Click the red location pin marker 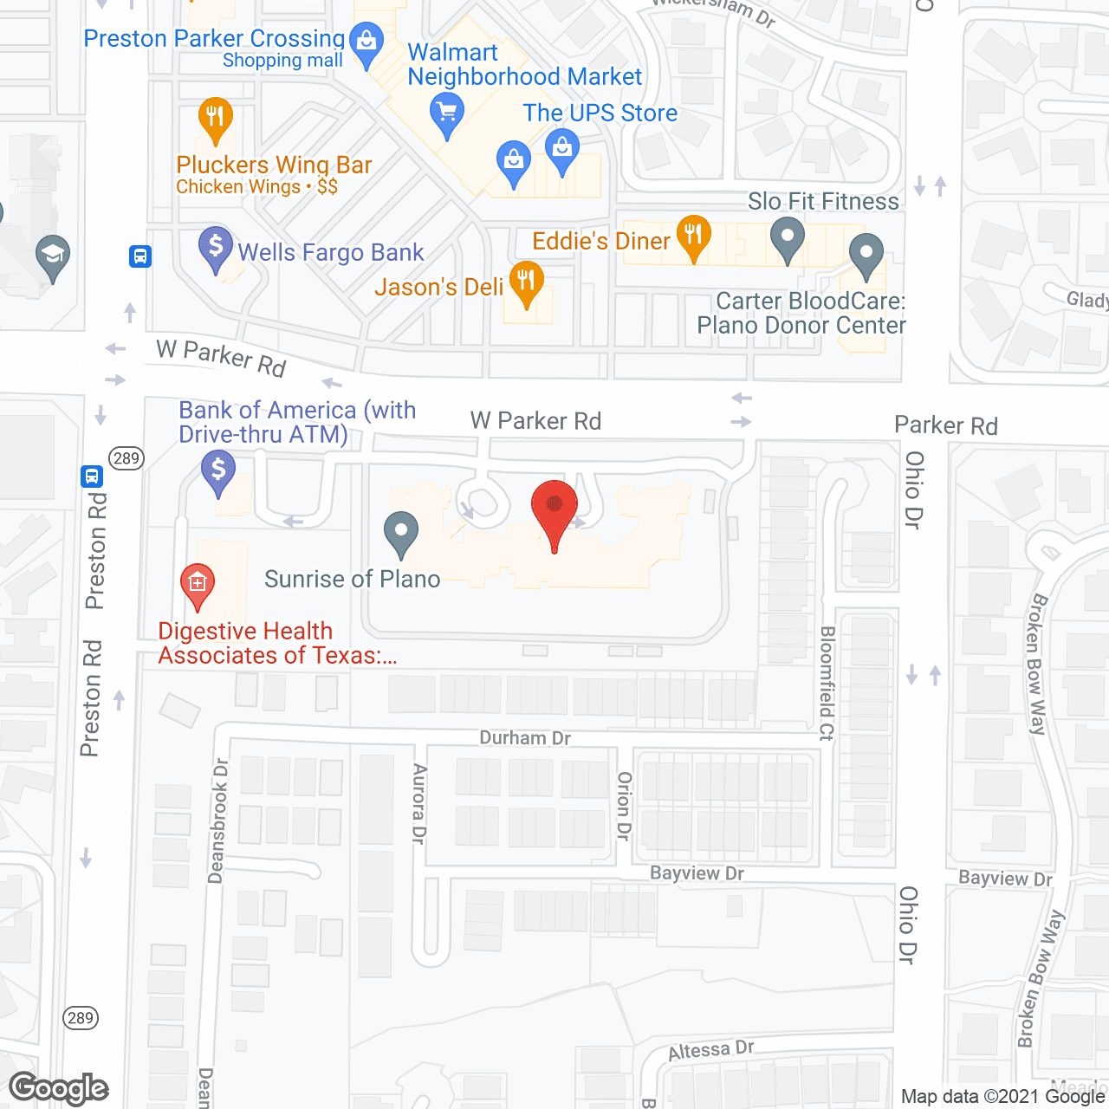pyautogui.click(x=554, y=511)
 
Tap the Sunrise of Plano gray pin pyautogui.click(x=400, y=532)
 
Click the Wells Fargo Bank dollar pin pyautogui.click(x=216, y=248)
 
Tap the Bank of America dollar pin pyautogui.click(x=217, y=472)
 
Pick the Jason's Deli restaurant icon pyautogui.click(x=526, y=282)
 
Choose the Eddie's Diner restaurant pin pyautogui.click(x=693, y=236)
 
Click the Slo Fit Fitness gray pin pyautogui.click(x=787, y=237)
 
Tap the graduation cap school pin pyautogui.click(x=53, y=256)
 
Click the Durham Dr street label pyautogui.click(x=525, y=738)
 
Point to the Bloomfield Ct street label pyautogui.click(x=827, y=684)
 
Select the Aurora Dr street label pyautogui.click(x=419, y=804)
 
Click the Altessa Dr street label pyautogui.click(x=710, y=1050)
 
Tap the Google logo pyautogui.click(x=59, y=1088)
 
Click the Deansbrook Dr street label pyautogui.click(x=218, y=820)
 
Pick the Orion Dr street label pyautogui.click(x=624, y=806)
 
